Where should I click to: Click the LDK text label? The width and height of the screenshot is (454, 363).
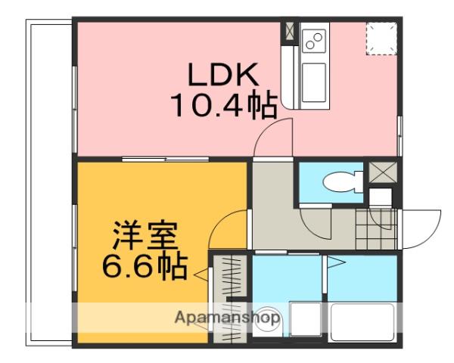point(224,75)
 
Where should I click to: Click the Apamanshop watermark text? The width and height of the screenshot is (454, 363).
point(226,318)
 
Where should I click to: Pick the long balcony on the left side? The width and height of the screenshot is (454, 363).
point(49,181)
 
